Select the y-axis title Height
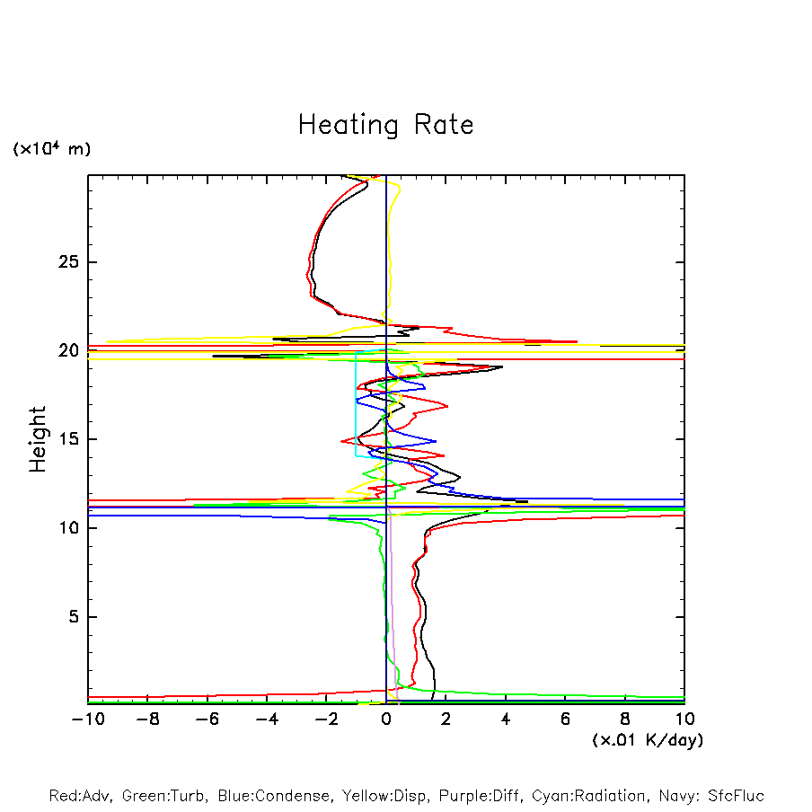tap(38, 439)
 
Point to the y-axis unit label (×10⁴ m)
tap(51, 149)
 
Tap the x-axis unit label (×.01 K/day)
tap(648, 740)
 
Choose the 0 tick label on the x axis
tap(386, 719)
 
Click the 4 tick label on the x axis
tap(506, 719)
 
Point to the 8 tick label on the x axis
tap(625, 719)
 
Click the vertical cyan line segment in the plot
tap(357, 404)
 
